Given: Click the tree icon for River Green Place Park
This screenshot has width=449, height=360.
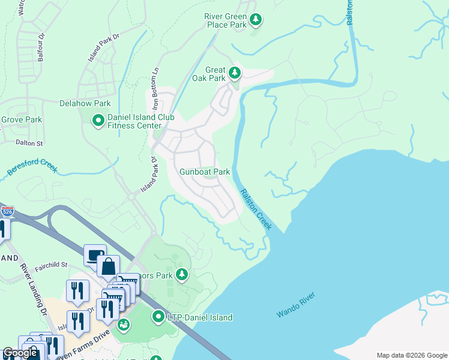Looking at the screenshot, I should click(256, 20).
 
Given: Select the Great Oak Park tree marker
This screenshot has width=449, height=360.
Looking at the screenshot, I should click(234, 74).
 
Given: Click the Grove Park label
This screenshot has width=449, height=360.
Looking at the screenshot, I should click(21, 119).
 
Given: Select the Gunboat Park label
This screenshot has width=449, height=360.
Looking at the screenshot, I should click(205, 172).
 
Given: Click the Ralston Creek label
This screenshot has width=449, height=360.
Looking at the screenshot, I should click(256, 209).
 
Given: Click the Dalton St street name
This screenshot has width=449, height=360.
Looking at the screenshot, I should click(29, 143).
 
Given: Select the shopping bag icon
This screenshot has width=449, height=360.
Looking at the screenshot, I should click(109, 266).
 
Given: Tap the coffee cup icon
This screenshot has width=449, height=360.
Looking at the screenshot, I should click(95, 255).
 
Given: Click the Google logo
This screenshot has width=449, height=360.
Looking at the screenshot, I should click(20, 353).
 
